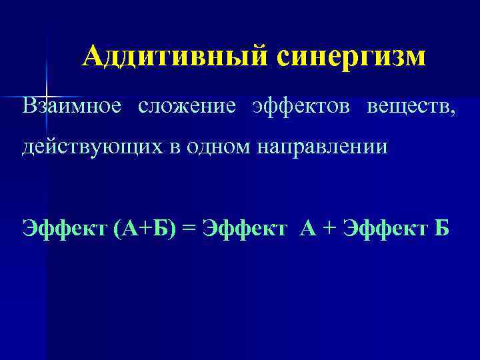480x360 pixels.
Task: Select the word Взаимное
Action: point(72,107)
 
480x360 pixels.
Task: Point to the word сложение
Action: point(187,107)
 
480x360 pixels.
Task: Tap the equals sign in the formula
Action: point(189,229)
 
